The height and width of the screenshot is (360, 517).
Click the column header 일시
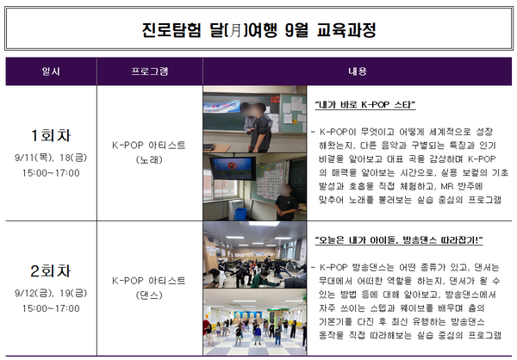click(x=51, y=71)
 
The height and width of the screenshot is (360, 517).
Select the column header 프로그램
click(x=150, y=71)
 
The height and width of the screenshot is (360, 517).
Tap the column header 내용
click(x=358, y=71)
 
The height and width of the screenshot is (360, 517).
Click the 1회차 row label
click(x=51, y=135)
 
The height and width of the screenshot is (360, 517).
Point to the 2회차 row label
click(x=51, y=271)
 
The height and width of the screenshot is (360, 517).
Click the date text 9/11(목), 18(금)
click(x=51, y=158)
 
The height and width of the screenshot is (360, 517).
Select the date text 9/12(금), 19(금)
click(x=51, y=293)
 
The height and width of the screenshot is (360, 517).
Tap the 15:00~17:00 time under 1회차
click(x=51, y=173)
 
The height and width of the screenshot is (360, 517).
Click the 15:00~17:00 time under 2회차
click(x=51, y=308)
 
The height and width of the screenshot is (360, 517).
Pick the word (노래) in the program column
click(x=149, y=160)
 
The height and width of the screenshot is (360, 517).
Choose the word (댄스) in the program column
click(x=149, y=295)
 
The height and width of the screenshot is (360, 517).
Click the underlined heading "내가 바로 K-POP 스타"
click(x=365, y=105)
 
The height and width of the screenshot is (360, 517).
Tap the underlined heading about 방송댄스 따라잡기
click(x=399, y=240)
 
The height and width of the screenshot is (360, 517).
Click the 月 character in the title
click(x=234, y=30)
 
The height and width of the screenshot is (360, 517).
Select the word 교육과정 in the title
click(x=346, y=30)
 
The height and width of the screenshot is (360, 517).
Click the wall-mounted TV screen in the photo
click(x=233, y=169)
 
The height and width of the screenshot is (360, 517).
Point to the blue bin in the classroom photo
click(x=240, y=214)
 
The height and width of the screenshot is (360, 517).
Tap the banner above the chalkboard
click(x=221, y=106)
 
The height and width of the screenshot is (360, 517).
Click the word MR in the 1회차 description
click(x=447, y=187)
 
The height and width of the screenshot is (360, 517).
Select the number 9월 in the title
click(x=296, y=30)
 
